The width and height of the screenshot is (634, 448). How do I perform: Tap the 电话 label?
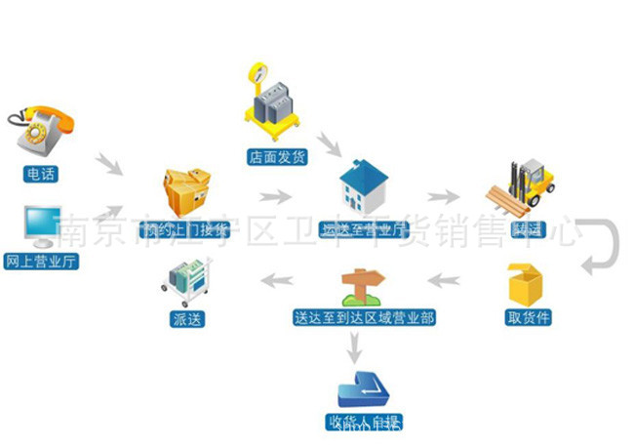tap(41, 175)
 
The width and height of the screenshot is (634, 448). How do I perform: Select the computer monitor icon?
tap(43, 227)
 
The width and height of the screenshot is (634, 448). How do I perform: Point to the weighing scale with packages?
tap(272, 102)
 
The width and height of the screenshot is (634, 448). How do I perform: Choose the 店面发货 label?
tap(277, 156)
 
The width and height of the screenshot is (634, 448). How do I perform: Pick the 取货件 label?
tap(528, 317)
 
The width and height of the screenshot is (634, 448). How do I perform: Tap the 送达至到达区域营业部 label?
tap(364, 317)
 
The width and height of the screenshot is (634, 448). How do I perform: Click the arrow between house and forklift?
tap(443, 194)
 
